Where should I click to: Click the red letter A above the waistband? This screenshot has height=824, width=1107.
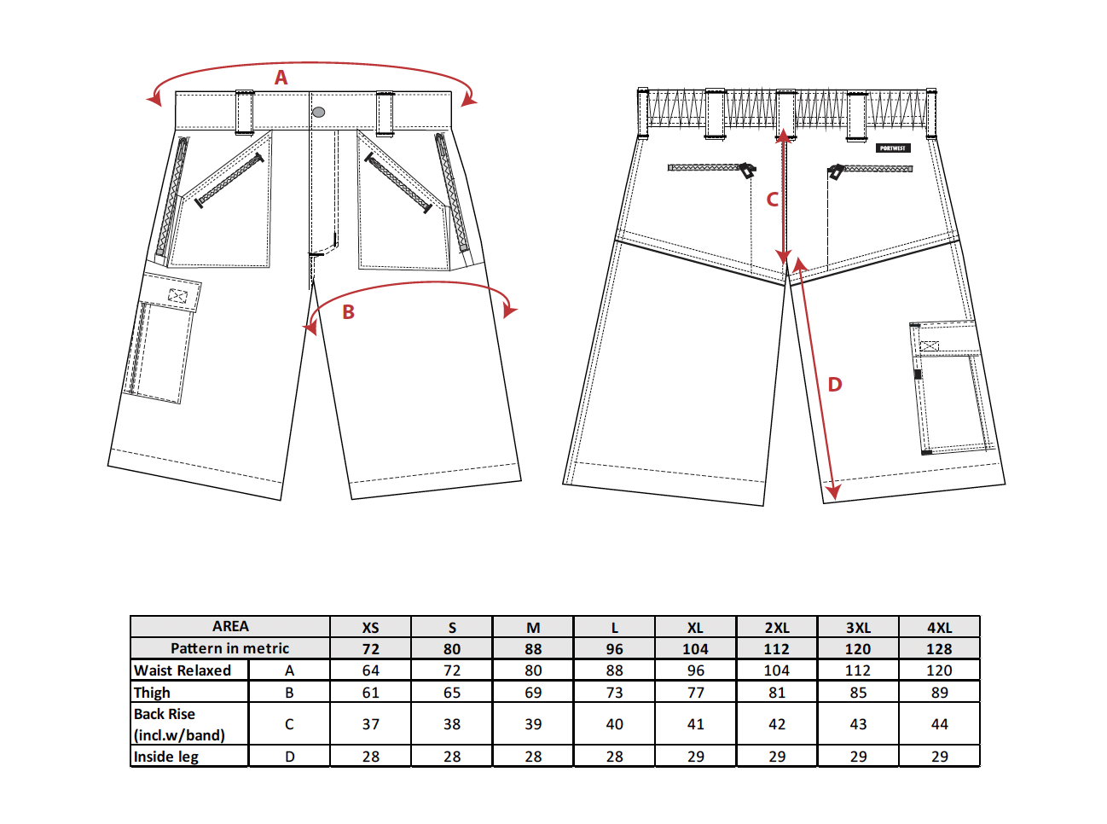pos(281,78)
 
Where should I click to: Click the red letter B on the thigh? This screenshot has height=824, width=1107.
pos(348,312)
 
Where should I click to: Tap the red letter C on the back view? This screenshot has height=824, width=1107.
pos(772,200)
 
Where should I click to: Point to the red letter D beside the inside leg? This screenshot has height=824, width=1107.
pos(835,385)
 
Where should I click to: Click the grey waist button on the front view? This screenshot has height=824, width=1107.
pos(318,113)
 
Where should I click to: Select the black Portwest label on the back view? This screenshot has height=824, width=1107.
pos(893,148)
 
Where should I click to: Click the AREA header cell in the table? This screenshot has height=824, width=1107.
pos(230,626)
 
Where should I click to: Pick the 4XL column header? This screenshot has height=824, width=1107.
pos(939,628)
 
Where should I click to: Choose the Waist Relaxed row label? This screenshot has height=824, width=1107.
pos(183,670)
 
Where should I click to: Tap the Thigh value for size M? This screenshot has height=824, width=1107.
pos(533,693)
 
